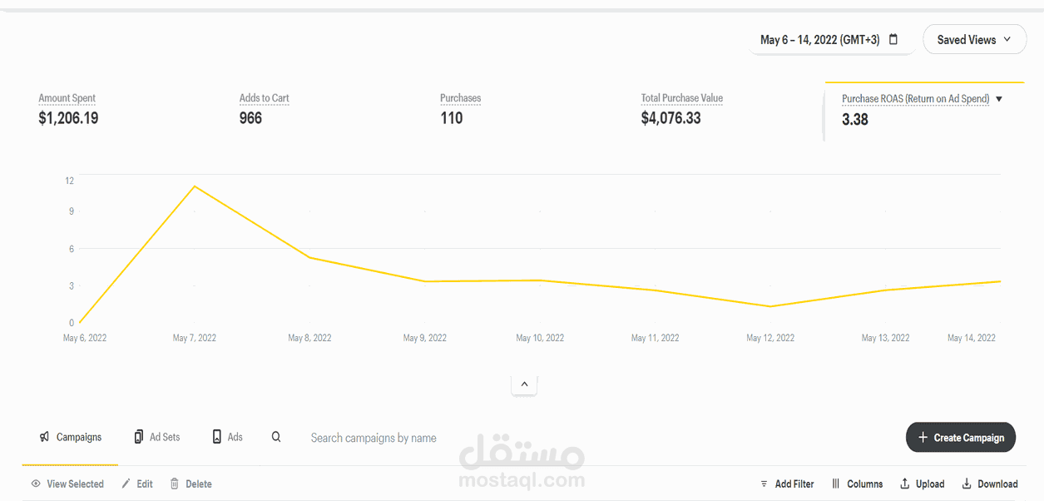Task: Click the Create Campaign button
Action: tap(961, 437)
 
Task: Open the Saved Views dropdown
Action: tap(975, 40)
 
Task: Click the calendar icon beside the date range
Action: tap(893, 39)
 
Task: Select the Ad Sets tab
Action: tap(157, 437)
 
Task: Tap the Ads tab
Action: tap(227, 437)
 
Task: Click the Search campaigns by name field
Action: tap(374, 438)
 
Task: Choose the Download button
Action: tap(990, 484)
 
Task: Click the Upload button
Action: tap(923, 484)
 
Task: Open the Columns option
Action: tap(858, 484)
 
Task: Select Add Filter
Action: tap(787, 484)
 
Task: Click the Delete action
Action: tap(191, 484)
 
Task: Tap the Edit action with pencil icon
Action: tap(137, 484)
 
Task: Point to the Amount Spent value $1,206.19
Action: tap(68, 118)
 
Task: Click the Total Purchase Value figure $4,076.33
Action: tap(670, 118)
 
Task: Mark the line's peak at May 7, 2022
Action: tap(195, 186)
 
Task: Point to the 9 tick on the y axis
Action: tap(72, 211)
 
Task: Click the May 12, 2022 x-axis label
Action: tap(770, 338)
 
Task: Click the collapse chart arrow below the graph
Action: tap(524, 384)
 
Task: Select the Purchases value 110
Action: tap(452, 118)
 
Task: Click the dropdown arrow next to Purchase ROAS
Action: tap(999, 99)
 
